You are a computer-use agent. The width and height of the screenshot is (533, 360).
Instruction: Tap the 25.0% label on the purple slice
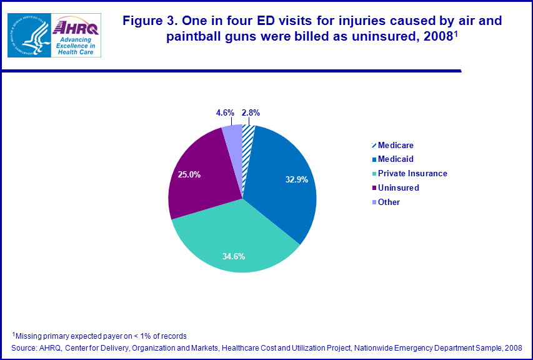tap(189, 175)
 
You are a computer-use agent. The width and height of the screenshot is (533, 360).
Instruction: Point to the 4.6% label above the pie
tap(224, 113)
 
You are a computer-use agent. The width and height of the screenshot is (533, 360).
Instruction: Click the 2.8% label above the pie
tap(250, 113)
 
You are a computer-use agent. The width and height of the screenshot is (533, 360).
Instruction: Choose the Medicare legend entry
tap(396, 146)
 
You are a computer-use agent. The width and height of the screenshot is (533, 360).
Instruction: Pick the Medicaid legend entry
tap(396, 159)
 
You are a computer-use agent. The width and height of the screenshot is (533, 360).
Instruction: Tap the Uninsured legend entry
tap(398, 187)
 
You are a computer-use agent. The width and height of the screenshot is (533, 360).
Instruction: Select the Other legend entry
tap(389, 202)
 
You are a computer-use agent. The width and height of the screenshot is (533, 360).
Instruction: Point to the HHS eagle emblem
tap(28, 34)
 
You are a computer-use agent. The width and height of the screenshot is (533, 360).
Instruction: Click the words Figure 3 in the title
tap(147, 21)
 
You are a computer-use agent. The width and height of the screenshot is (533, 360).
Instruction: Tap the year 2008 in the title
tap(437, 36)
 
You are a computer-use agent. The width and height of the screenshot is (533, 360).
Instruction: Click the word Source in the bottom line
tap(24, 347)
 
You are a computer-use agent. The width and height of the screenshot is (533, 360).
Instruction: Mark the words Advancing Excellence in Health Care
tap(74, 45)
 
